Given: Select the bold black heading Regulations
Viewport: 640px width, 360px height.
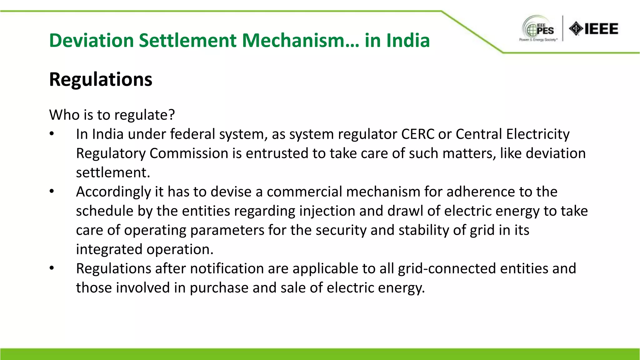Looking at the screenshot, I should pyautogui.click(x=101, y=79).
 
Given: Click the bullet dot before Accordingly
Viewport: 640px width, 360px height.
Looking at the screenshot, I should pyautogui.click(x=52, y=191).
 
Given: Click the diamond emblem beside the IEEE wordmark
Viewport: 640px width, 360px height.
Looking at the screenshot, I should pyautogui.click(x=576, y=29).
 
